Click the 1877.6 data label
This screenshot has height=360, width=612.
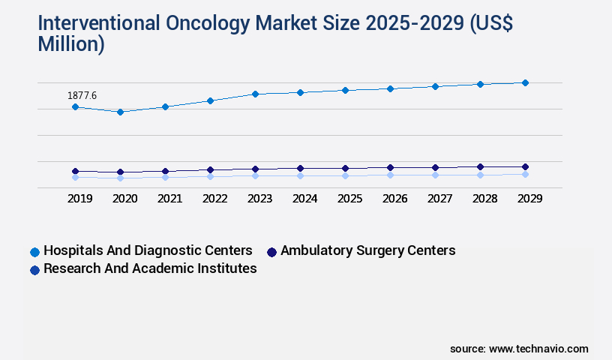(x=82, y=95)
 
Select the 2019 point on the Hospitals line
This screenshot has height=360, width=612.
(x=75, y=107)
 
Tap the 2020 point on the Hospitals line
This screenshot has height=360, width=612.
(x=120, y=112)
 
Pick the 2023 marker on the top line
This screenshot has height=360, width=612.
(x=255, y=94)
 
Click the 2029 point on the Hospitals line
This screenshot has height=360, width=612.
(x=525, y=82)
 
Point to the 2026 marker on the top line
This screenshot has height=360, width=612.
(x=390, y=88)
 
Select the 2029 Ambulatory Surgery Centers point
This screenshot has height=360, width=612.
(x=525, y=166)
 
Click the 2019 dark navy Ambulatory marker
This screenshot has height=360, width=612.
(x=75, y=171)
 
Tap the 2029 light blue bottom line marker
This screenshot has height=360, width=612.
(x=525, y=174)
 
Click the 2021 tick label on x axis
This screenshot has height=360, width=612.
(x=169, y=199)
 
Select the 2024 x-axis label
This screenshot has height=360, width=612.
(x=304, y=199)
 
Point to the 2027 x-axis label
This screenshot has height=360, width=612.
(x=439, y=199)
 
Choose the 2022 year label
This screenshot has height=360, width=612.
(x=214, y=199)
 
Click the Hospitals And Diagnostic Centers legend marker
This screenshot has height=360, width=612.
(x=34, y=251)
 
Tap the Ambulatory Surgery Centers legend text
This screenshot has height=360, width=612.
(x=367, y=250)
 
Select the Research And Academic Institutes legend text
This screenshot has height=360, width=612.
(x=150, y=268)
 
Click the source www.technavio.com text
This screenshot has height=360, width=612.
(x=519, y=349)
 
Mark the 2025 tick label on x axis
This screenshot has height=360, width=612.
(x=349, y=199)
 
